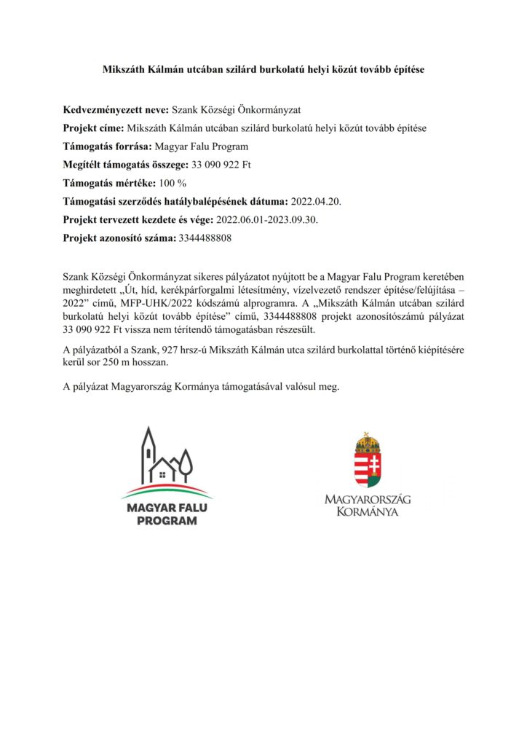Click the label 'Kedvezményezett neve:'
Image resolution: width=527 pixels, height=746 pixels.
tap(116, 110)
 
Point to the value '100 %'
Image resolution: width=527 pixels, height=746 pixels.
tap(173, 183)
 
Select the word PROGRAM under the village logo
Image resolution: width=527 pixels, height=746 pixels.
tap(167, 521)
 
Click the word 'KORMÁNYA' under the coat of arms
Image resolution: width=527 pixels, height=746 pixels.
tap(368, 512)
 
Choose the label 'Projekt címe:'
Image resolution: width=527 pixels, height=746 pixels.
tap(94, 128)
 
